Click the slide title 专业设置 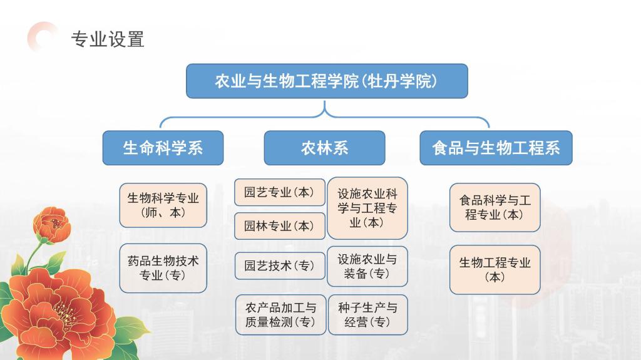108,39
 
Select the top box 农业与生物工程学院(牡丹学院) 327,81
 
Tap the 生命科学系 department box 163,148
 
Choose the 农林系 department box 324,148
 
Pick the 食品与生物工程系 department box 496,148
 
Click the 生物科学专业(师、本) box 163,205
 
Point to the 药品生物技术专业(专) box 163,268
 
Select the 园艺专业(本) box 280,192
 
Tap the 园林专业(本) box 280,226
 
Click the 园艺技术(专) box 280,266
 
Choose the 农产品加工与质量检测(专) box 280,314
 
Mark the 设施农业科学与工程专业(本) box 367,208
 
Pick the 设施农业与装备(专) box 367,266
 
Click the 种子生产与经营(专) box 367,314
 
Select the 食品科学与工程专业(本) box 495,207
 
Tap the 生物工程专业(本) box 495,270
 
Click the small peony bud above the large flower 53,225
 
